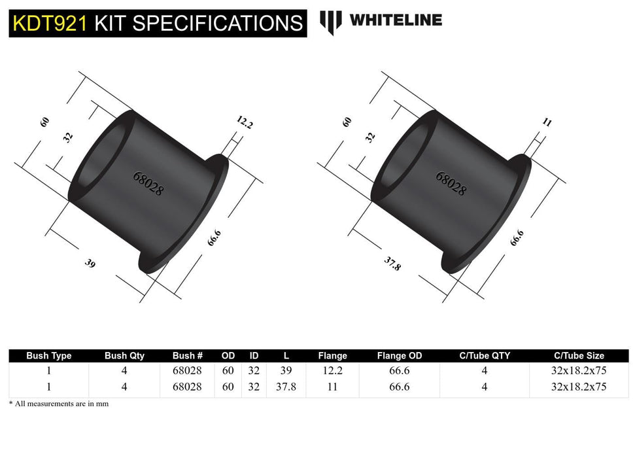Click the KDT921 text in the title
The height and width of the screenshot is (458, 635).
[50, 23]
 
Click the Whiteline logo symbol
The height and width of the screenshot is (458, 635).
[330, 22]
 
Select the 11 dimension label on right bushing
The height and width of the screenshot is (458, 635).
[547, 122]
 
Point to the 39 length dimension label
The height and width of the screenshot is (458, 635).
[90, 264]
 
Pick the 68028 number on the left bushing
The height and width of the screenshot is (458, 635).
[148, 184]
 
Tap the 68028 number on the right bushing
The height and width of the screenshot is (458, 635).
[451, 184]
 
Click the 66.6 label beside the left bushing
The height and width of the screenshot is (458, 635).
[213, 238]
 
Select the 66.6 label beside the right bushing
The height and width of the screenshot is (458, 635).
[516, 237]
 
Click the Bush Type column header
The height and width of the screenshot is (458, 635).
[48, 356]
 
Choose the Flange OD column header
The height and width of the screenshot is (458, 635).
[400, 356]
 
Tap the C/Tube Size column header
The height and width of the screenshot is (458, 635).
[578, 356]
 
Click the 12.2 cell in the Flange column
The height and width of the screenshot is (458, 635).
[332, 370]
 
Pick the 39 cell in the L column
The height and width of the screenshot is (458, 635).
[286, 370]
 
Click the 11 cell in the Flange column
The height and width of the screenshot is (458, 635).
[332, 387]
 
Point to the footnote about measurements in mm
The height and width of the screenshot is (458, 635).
[59, 404]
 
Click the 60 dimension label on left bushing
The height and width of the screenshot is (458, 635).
[44, 122]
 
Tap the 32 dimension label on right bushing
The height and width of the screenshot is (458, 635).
[371, 137]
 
